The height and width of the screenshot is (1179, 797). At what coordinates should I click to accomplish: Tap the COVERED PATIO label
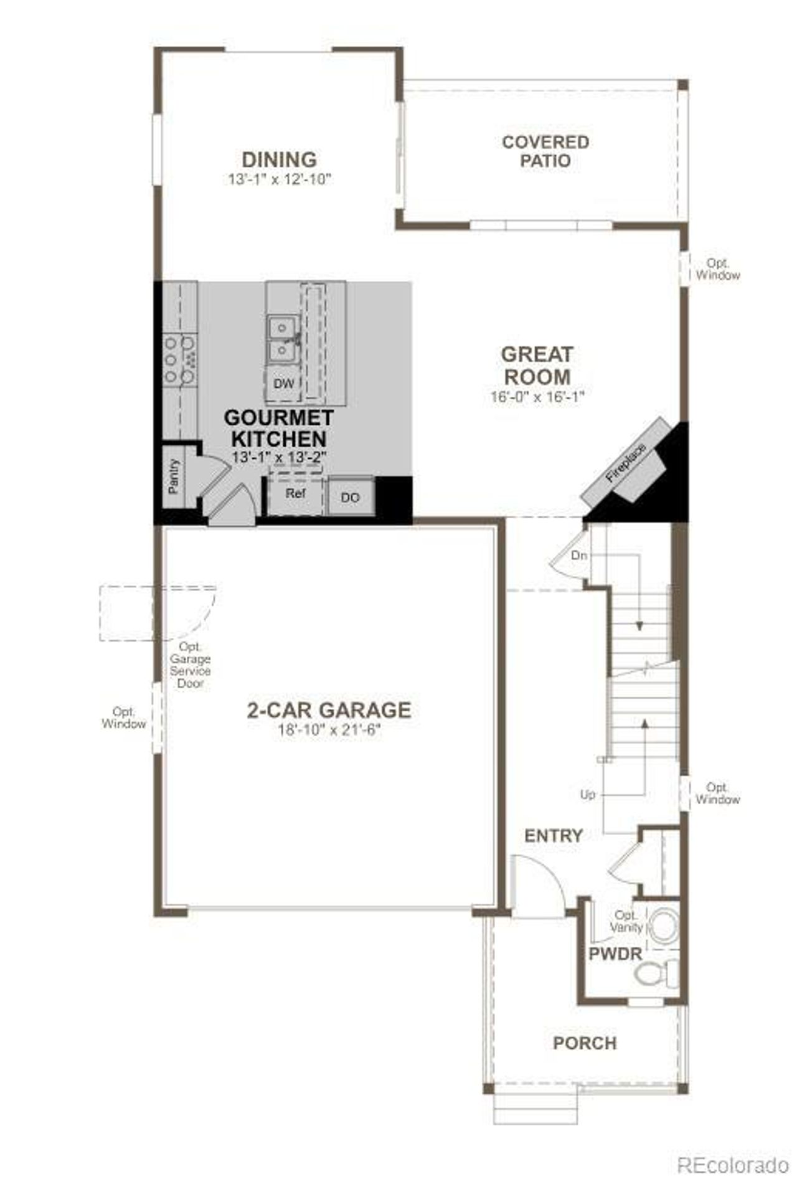click(545, 151)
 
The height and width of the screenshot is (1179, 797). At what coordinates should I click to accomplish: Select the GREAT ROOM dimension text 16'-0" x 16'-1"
click(537, 397)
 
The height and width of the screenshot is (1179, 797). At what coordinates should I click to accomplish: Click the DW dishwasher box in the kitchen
click(283, 384)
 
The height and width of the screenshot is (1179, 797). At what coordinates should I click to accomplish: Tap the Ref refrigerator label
click(295, 493)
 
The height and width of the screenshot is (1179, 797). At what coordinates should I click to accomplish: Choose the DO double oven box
click(351, 497)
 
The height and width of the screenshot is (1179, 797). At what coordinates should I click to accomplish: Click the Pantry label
click(174, 476)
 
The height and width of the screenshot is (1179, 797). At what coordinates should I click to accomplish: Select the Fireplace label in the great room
click(626, 463)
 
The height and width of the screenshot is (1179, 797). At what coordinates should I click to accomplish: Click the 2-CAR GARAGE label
click(329, 710)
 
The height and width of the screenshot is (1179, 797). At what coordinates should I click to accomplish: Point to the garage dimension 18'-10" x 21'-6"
click(329, 730)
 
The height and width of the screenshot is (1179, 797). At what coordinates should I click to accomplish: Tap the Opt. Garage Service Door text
click(191, 665)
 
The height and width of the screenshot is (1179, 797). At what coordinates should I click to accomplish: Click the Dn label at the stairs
click(579, 555)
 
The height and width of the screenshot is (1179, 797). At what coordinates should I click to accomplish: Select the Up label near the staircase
click(587, 795)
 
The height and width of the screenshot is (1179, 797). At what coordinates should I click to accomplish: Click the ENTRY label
click(554, 835)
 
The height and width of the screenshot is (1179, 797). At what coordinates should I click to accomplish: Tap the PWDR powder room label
click(615, 954)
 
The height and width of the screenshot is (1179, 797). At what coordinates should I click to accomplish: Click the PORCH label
click(585, 1043)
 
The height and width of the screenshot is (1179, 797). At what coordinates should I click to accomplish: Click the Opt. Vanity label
click(625, 921)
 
